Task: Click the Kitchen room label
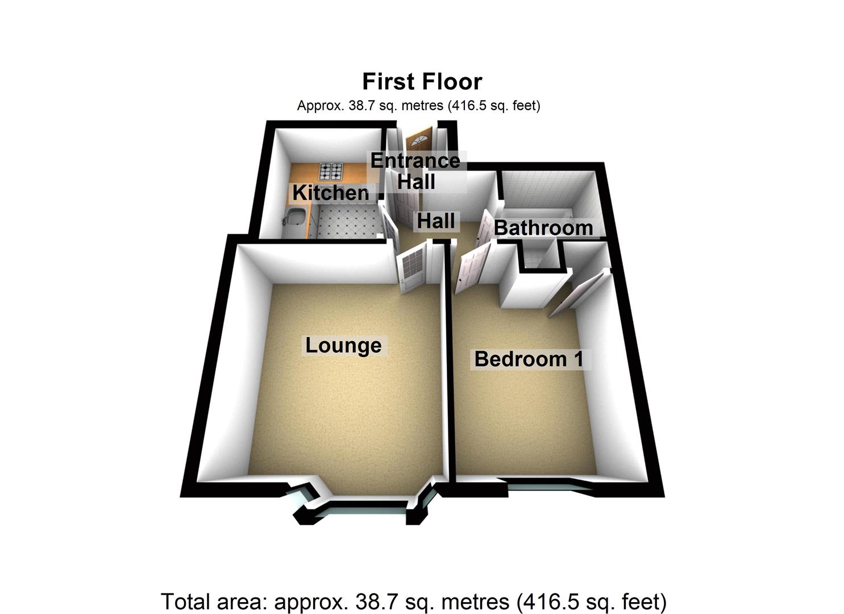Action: (x=330, y=193)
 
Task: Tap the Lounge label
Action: (x=343, y=346)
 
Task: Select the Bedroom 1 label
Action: (x=529, y=359)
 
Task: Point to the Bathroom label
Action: (x=543, y=228)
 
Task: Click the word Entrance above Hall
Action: (x=415, y=161)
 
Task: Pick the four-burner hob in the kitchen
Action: (x=331, y=172)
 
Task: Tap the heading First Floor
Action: (x=422, y=81)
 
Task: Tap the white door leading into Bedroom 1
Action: (x=473, y=268)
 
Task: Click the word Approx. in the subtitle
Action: (x=321, y=106)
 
